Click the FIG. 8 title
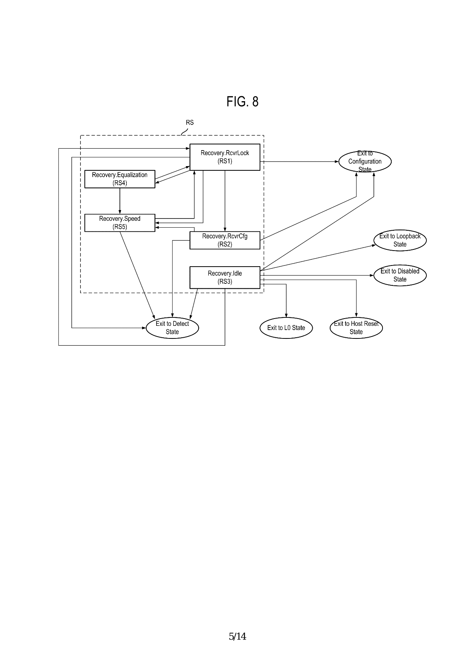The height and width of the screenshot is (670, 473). [242, 102]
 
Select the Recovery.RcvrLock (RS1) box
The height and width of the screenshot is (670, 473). [225, 157]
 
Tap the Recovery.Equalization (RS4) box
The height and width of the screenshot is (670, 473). [119, 179]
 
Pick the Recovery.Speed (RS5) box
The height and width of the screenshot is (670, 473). [119, 223]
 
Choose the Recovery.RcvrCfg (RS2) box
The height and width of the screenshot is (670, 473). [225, 240]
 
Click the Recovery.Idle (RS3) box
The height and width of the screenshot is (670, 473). [225, 277]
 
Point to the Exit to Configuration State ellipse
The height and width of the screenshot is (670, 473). [365, 162]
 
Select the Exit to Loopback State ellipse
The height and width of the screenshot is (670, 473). [400, 240]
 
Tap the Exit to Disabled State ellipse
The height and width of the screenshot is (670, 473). [400, 275]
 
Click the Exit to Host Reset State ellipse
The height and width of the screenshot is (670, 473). [356, 328]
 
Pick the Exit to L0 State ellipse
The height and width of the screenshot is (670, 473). [286, 328]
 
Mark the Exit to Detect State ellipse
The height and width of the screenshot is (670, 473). [172, 328]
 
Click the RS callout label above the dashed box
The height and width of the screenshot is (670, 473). [190, 123]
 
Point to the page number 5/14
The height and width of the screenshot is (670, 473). [237, 636]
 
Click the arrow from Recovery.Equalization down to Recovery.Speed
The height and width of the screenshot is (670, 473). [120, 201]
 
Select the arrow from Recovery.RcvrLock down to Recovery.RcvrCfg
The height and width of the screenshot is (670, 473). [225, 201]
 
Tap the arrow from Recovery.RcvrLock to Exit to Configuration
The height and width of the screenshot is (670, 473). [300, 162]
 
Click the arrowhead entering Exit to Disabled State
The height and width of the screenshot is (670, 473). [371, 275]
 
